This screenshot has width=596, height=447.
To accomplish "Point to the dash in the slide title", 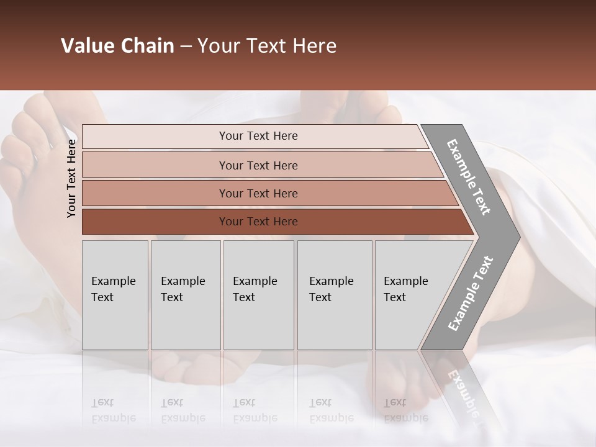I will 186,47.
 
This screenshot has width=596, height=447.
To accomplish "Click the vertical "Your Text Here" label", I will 71,178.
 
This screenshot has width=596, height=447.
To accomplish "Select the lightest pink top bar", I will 255,137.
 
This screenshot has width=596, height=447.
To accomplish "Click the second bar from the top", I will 261,165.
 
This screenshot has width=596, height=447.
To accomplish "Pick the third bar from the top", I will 267,193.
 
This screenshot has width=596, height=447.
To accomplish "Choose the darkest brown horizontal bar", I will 273,222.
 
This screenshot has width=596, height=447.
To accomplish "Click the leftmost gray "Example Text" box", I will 115,295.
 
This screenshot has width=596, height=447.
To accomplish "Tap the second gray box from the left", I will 185,295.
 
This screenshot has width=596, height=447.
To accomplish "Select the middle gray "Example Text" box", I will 258,295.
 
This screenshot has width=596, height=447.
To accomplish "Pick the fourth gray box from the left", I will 335,295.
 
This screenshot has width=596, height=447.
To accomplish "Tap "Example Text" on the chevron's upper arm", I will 469,177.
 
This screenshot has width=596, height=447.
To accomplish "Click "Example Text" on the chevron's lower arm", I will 471,294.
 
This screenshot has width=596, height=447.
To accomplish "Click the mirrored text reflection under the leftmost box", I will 113,410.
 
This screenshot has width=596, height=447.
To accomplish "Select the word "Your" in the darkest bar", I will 231,222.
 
